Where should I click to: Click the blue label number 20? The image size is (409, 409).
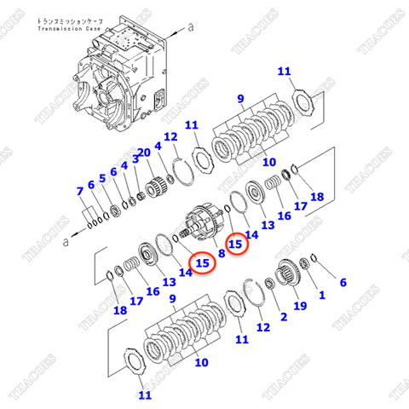point(144,153)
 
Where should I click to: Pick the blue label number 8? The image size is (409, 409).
point(221,253)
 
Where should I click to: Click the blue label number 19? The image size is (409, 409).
point(300,305)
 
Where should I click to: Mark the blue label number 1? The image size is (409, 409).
point(321,295)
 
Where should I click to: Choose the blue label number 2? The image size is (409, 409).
point(284,315)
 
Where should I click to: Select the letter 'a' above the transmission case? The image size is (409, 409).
point(190,26)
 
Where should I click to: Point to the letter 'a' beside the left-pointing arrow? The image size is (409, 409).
point(66,241)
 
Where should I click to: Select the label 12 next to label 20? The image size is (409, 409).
point(170,137)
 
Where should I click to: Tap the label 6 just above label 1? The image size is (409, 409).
point(343,282)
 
